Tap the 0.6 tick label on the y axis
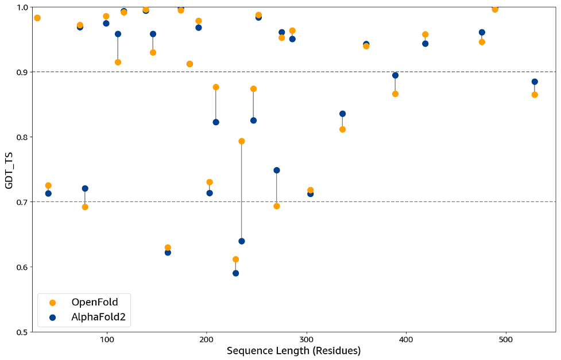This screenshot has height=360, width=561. tap(21, 267)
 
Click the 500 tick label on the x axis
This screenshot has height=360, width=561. tap(506, 339)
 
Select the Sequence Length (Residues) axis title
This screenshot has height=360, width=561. tap(293, 351)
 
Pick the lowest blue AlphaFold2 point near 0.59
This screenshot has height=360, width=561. tap(235, 273)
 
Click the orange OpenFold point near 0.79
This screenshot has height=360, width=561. tap(242, 141)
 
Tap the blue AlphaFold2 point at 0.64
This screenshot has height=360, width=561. tap(242, 241)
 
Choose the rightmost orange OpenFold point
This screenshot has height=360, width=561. tap(535, 95)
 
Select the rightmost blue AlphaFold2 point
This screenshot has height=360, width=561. tap(535, 82)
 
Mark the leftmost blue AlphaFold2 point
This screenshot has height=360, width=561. tap(48, 193)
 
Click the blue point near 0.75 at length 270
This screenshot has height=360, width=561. tap(277, 171)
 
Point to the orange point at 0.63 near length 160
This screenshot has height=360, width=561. tap(168, 247)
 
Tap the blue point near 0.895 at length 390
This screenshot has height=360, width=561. tap(395, 75)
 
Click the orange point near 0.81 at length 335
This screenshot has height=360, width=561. tap(342, 129)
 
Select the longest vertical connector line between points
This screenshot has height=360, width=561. tap(242, 191)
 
